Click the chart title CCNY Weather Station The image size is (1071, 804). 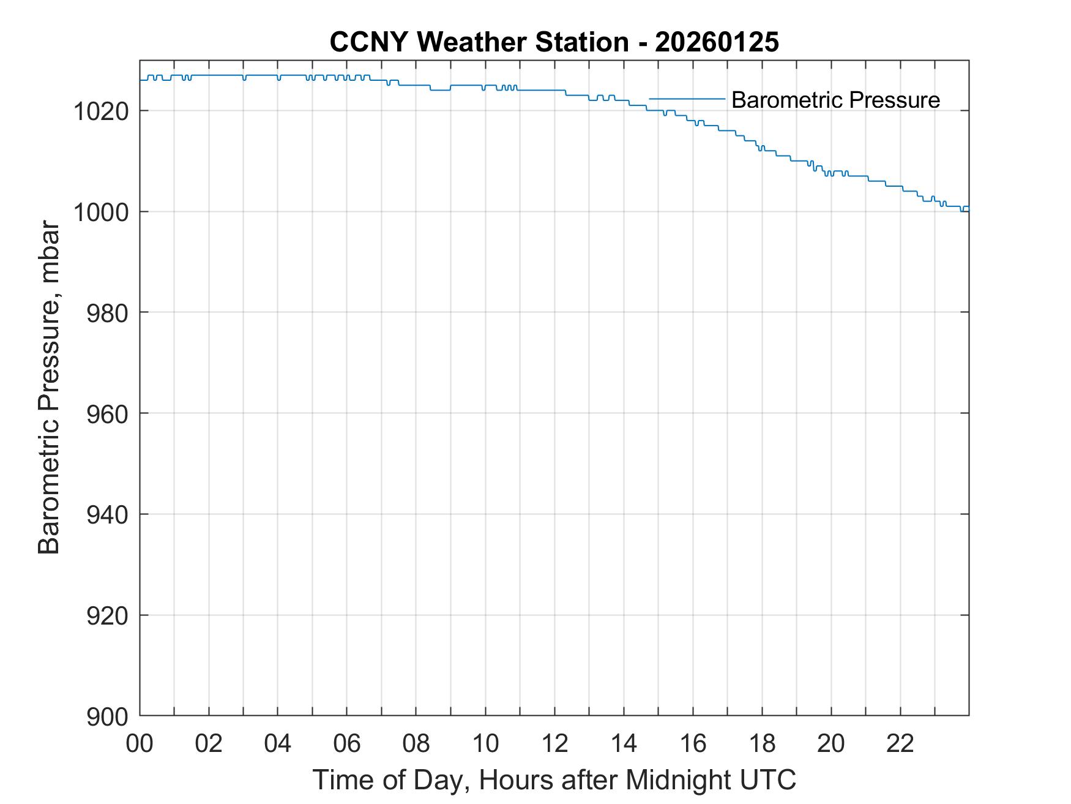coord(479,42)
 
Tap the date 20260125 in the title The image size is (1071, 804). coord(717,42)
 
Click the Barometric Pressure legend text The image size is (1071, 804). coord(835,100)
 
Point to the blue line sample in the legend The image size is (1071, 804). coord(687,99)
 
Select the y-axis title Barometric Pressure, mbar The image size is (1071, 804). coord(50,388)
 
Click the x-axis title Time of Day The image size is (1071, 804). coord(554,780)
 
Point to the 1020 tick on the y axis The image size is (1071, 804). coord(101,111)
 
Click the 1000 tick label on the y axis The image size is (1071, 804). coord(101,212)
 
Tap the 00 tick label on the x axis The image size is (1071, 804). coord(140,744)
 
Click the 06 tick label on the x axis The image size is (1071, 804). coord(347,744)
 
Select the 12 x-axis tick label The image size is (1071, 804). coord(554,744)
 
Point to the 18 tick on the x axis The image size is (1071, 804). coord(762,744)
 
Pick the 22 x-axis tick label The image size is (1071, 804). coord(900,744)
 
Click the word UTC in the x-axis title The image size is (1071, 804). coord(769,780)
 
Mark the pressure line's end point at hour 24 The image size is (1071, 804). coord(969,210)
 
